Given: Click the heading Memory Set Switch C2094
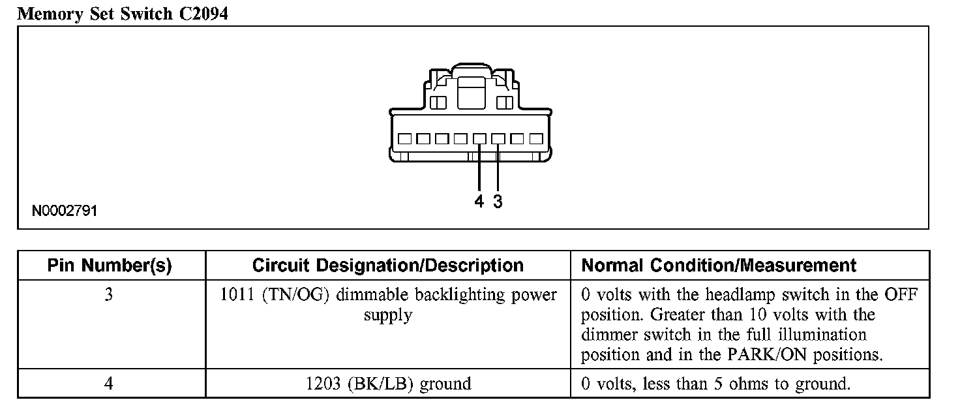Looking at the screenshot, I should [x=123, y=14].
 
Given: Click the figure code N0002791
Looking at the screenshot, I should [x=65, y=211].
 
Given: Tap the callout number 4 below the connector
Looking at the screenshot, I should [x=479, y=202].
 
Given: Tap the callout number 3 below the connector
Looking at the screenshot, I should [x=498, y=202].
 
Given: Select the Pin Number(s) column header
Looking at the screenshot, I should [x=110, y=266].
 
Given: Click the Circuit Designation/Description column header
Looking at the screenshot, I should [x=387, y=266].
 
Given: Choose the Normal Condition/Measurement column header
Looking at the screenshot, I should [x=719, y=266].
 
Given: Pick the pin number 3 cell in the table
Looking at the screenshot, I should [x=109, y=295].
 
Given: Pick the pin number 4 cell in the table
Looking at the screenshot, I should [x=109, y=384].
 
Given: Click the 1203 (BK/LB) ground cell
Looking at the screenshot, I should [x=388, y=384].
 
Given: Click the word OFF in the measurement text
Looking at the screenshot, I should [x=900, y=295].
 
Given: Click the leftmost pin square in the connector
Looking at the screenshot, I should [x=404, y=139].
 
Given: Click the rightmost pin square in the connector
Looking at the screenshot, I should [x=536, y=139].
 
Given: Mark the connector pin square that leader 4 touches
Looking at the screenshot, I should [x=479, y=139].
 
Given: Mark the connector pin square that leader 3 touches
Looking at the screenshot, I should [x=498, y=139].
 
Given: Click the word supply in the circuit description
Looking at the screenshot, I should [x=388, y=316].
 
